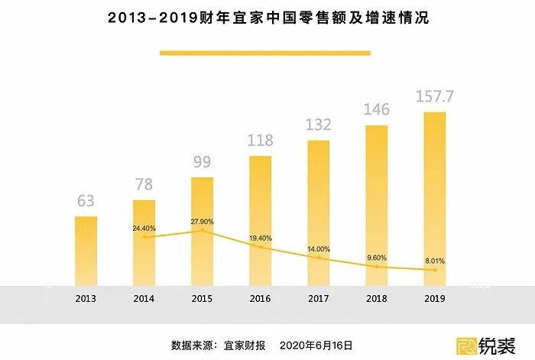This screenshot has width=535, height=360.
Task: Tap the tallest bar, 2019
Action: tap(435, 199)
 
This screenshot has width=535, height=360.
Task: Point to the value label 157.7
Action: tap(434, 97)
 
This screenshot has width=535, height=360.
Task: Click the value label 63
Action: tap(86, 202)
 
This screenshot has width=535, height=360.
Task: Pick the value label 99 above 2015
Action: tap(202, 162)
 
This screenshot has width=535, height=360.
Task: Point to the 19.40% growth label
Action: tap(261, 238)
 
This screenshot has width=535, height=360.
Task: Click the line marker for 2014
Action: tap(144, 237)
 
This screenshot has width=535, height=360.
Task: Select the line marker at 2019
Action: tap(435, 270)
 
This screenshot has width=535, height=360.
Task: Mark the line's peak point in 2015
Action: tap(203, 230)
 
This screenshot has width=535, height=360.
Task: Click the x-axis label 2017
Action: tap(319, 298)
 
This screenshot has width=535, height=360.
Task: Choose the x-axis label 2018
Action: tap(377, 298)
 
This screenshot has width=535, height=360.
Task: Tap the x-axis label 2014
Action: tap(144, 298)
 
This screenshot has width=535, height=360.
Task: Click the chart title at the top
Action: tap(267, 18)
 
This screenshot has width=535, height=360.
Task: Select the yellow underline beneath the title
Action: tap(264, 53)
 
